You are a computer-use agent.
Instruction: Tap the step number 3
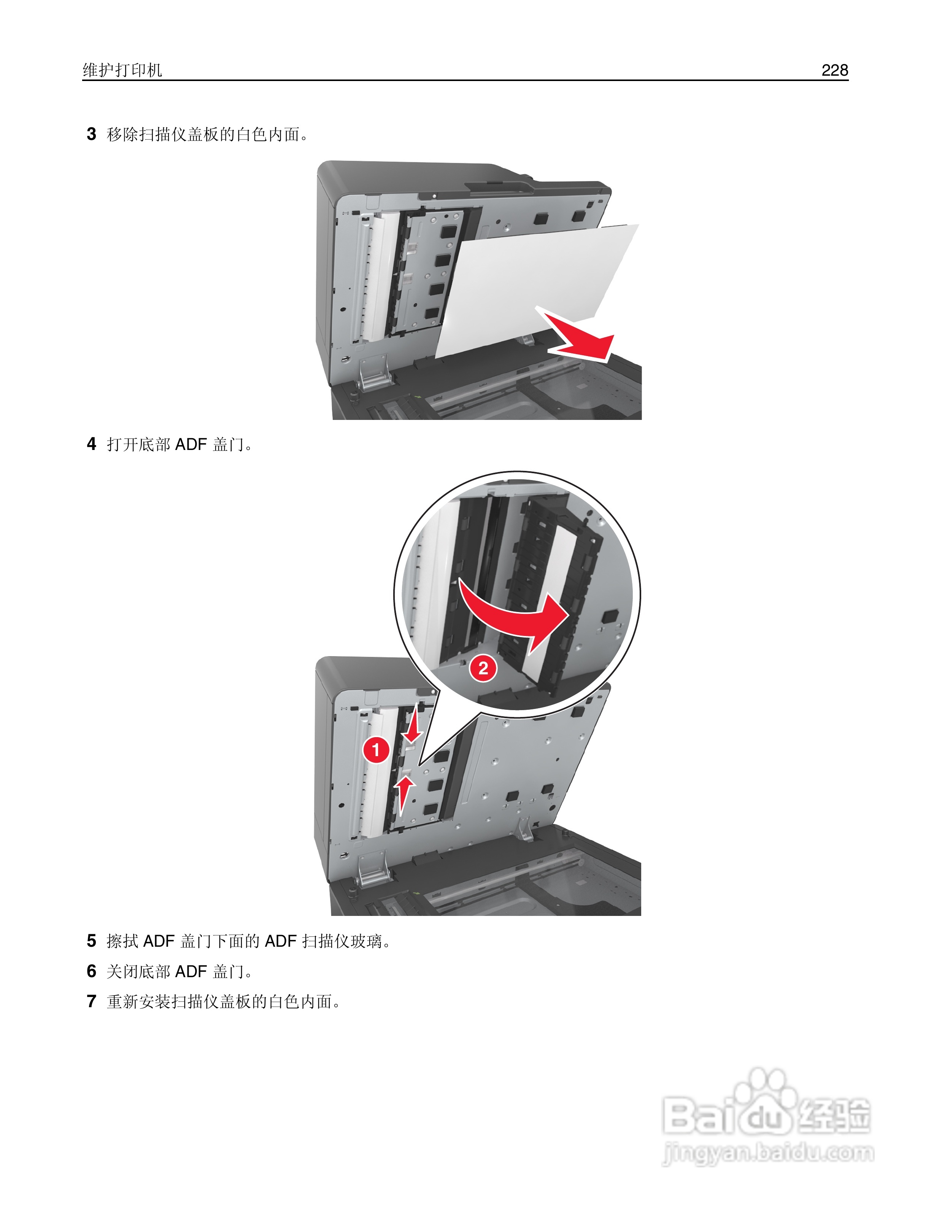pos(92,134)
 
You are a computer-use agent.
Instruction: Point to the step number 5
pos(92,941)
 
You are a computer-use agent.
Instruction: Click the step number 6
pos(92,971)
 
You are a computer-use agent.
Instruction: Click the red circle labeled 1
pos(376,750)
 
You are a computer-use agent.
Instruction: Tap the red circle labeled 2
pos(483,669)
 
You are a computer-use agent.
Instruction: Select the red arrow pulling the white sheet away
pos(579,337)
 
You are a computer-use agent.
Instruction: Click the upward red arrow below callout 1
pos(405,792)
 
